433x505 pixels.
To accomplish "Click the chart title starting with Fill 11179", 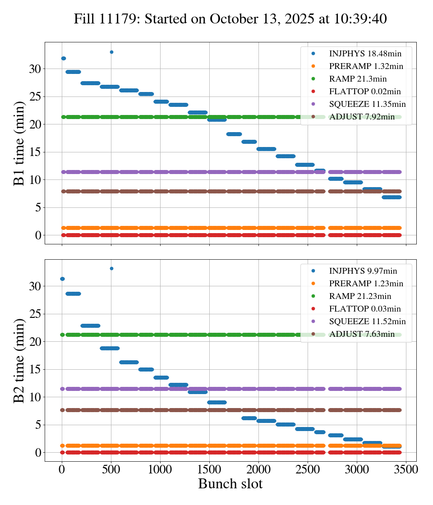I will [230, 18].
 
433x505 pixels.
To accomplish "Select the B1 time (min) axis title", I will [19, 143].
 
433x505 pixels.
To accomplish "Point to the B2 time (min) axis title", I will [19, 360].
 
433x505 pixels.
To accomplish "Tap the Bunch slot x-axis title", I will [230, 484].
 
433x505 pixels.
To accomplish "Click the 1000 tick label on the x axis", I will [160, 469].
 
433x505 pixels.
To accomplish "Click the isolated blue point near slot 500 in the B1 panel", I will [111, 52].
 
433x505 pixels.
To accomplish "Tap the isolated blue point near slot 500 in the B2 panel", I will [111, 268].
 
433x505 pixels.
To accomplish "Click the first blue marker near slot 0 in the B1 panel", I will [64, 58].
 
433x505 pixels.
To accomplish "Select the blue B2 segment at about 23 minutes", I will [90, 326].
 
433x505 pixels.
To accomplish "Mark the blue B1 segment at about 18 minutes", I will [234, 134].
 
